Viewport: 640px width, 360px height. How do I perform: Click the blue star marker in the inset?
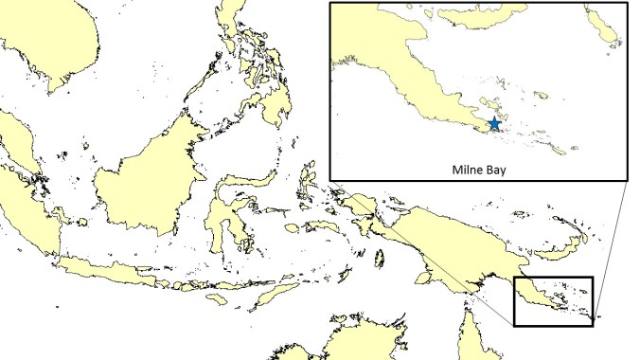click(x=494, y=124)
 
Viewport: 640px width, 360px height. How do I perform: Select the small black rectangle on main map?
click(x=553, y=301)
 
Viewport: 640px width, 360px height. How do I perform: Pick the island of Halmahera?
click(x=308, y=180)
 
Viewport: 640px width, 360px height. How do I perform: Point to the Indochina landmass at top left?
click(x=57, y=38)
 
